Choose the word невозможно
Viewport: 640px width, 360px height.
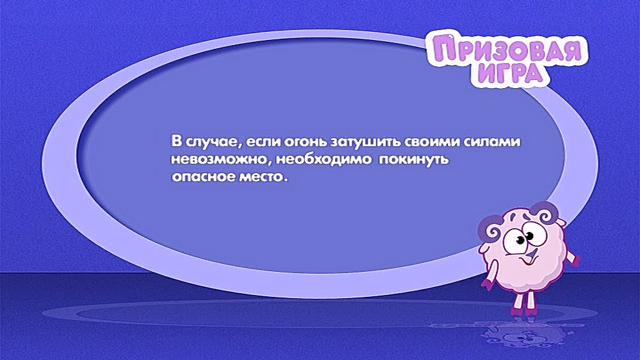coord(221,159)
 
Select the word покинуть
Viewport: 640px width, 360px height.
coord(414,159)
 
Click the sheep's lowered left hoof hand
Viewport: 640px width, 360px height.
coord(487,284)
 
